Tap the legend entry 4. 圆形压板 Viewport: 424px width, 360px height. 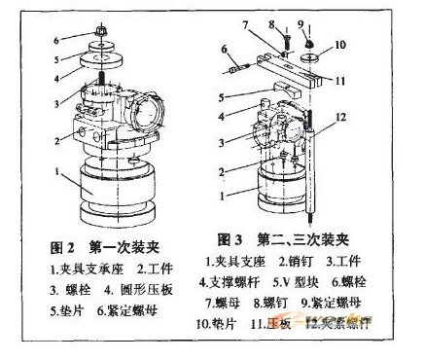[141, 289]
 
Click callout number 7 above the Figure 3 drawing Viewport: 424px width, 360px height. [245, 23]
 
